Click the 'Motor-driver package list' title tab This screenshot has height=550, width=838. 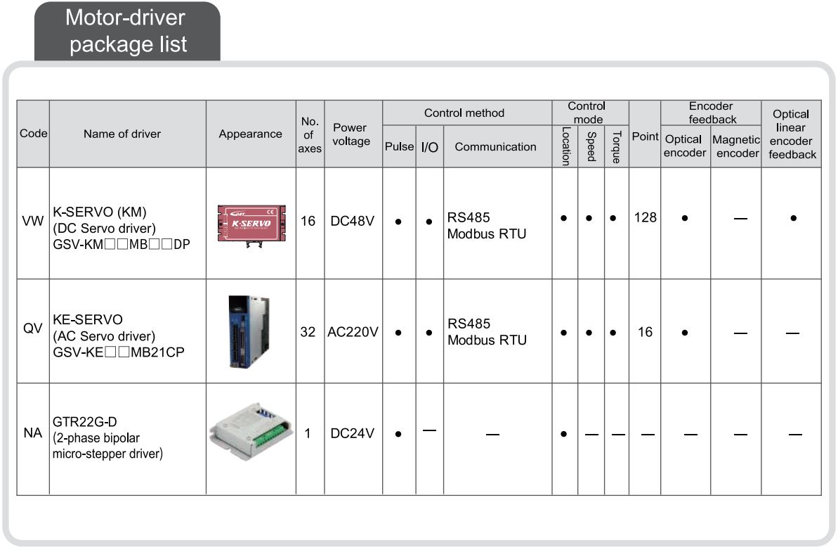(127, 31)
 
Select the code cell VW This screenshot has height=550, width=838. (32, 221)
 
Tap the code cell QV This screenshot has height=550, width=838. (32, 328)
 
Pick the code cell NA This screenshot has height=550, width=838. (32, 433)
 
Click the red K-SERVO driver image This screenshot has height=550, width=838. (251, 224)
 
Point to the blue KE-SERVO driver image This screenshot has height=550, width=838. (249, 332)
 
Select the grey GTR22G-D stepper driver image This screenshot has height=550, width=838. (251, 431)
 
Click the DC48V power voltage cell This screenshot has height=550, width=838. (352, 221)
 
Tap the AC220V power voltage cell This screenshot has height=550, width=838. (353, 332)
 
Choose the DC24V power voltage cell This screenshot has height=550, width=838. (352, 433)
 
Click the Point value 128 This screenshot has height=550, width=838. (645, 218)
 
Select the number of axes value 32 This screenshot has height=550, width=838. (308, 332)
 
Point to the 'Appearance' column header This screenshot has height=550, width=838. (250, 134)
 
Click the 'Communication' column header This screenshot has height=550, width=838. (495, 146)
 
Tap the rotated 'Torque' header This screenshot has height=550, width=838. (617, 146)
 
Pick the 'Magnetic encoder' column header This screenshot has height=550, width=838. (736, 146)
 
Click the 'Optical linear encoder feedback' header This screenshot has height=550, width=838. (792, 134)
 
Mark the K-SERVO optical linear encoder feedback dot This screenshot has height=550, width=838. (794, 218)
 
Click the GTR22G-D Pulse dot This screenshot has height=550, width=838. (398, 434)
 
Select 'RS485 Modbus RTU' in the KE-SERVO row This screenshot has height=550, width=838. (487, 332)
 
